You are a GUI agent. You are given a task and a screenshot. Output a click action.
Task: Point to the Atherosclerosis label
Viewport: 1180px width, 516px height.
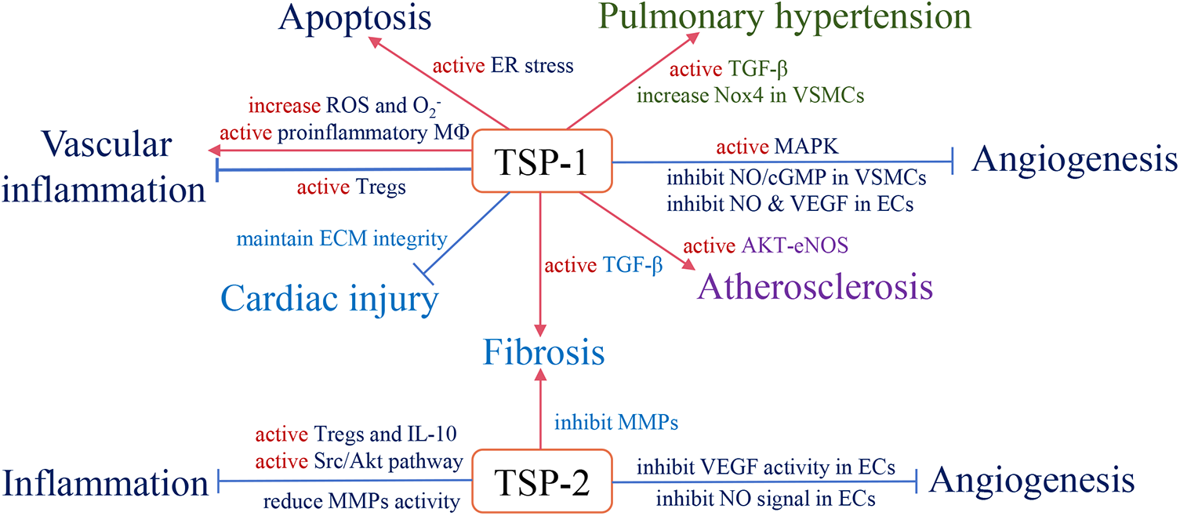click(814, 286)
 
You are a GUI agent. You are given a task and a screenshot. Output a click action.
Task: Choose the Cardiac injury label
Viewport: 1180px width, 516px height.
click(329, 299)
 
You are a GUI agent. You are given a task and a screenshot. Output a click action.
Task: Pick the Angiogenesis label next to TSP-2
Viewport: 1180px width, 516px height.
click(1032, 480)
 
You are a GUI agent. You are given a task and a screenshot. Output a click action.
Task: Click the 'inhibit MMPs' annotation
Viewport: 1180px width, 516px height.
click(615, 423)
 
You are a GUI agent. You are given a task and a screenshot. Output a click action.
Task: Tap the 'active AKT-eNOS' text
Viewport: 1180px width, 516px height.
click(767, 245)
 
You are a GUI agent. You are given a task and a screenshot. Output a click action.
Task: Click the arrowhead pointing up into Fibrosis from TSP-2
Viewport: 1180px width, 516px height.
click(540, 376)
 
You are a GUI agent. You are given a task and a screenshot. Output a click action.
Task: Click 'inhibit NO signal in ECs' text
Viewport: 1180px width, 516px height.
click(765, 498)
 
